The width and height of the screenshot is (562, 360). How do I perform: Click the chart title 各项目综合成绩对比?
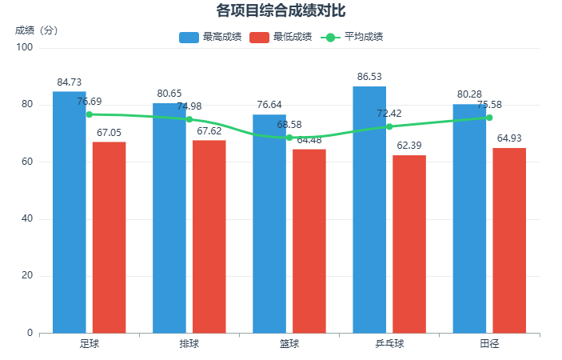(281, 11)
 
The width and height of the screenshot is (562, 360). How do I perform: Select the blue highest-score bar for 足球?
(69, 212)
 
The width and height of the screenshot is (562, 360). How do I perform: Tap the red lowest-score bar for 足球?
(109, 237)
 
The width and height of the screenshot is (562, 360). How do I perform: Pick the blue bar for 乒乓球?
(369, 210)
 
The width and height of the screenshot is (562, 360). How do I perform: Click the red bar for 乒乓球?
(409, 244)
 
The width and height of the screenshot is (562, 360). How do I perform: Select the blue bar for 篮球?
(269, 223)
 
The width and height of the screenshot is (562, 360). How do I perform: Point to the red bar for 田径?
(509, 240)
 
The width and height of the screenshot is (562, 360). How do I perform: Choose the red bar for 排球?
(209, 236)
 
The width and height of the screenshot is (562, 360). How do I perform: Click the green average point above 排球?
(189, 120)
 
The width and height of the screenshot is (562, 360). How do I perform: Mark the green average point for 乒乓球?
(389, 126)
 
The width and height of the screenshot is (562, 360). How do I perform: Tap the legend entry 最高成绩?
(210, 37)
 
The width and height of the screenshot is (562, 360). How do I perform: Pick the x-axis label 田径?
(489, 345)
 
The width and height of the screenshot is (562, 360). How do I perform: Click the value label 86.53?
(369, 78)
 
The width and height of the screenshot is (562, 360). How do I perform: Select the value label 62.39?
(409, 146)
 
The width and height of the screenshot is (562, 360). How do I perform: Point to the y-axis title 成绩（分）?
(37, 30)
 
